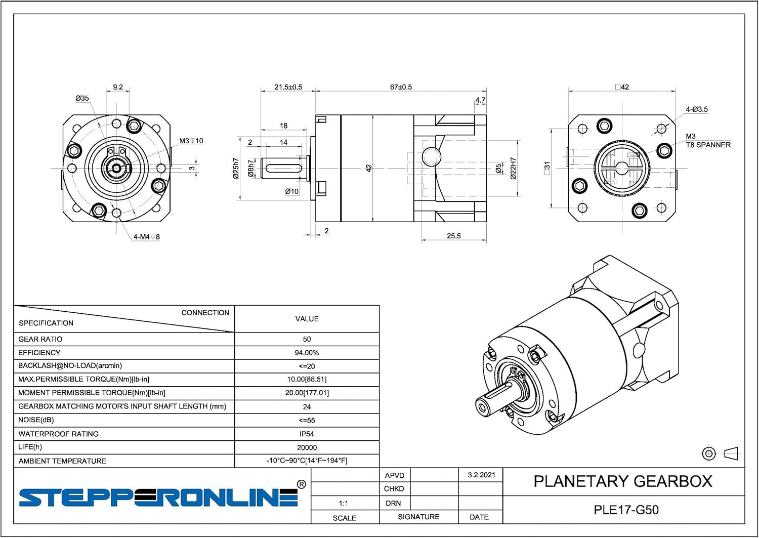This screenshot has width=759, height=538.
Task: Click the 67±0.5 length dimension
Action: click(401, 87)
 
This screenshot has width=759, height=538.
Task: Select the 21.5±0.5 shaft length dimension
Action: click(288, 87)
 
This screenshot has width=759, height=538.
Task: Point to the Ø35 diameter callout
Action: click(82, 98)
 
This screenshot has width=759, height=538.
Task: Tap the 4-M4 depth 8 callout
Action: click(147, 236)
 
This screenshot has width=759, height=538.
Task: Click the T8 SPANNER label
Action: click(708, 145)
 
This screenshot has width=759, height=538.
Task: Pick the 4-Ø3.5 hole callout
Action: click(697, 109)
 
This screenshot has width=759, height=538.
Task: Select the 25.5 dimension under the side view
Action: click(453, 236)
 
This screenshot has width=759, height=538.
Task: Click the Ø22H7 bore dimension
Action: click(513, 169)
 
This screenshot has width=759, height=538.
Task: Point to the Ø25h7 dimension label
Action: click(236, 168)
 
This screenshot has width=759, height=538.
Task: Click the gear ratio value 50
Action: click(307, 339)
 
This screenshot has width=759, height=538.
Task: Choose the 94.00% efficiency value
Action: click(307, 353)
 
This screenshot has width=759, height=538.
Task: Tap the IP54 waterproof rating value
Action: click(307, 434)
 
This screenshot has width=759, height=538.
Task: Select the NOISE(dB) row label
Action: click(36, 420)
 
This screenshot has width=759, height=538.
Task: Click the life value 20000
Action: click(307, 447)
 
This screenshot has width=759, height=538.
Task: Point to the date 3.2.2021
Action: click(481, 475)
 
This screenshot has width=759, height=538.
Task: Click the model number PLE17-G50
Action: click(626, 510)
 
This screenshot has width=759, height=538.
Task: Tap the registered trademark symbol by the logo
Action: click(301, 484)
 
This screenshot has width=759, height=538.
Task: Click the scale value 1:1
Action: click(343, 503)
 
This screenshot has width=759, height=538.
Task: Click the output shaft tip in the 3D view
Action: click(483, 406)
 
